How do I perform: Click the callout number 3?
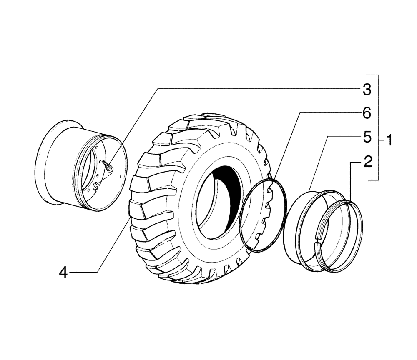(367, 89)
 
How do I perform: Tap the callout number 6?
(367, 113)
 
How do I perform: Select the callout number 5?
(367, 138)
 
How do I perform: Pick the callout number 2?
(367, 162)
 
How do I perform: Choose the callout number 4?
(63, 272)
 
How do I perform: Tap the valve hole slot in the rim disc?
(95, 186)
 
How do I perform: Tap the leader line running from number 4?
(113, 246)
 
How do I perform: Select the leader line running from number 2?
(350, 179)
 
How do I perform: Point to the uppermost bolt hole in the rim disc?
(97, 147)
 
